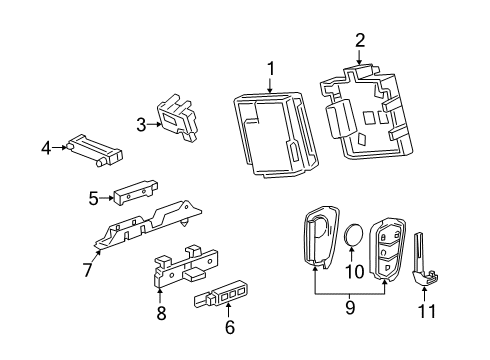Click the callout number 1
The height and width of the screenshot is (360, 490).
click(268, 68)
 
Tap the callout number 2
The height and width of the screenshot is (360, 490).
click(360, 41)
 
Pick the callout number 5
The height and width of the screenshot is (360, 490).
click(93, 198)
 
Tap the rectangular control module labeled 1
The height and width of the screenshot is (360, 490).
click(268, 136)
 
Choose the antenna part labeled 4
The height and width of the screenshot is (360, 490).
click(95, 149)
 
